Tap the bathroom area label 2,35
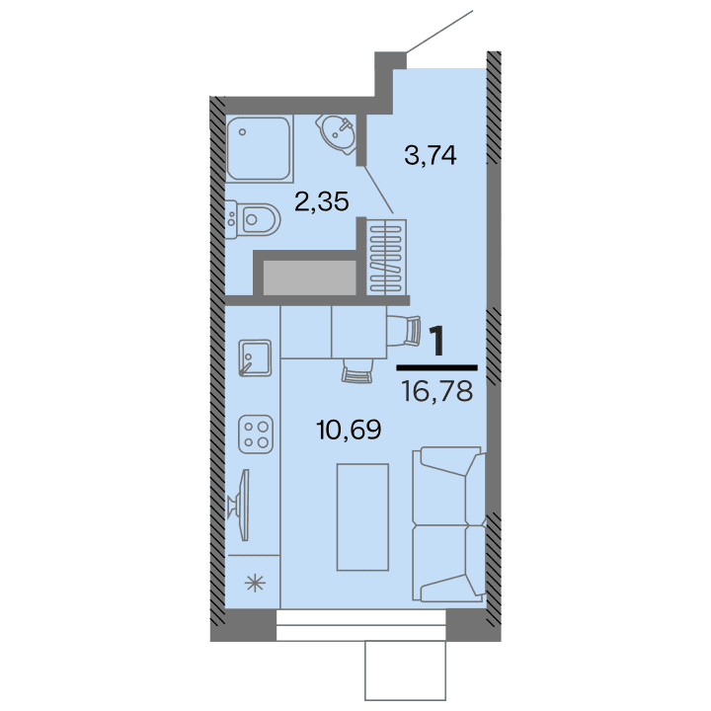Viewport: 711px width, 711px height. [321, 202]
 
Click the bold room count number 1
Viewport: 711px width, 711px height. [436, 340]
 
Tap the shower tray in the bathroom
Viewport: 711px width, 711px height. [260, 148]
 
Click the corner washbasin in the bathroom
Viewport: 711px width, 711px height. [338, 133]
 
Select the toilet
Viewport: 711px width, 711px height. [255, 217]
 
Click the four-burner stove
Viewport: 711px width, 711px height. [256, 431]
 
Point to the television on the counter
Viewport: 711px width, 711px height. [240, 506]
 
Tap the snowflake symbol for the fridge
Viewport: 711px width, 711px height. [255, 583]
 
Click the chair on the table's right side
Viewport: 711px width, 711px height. [402, 330]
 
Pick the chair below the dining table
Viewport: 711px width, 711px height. [356, 369]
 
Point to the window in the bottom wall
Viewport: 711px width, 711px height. [360, 624]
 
